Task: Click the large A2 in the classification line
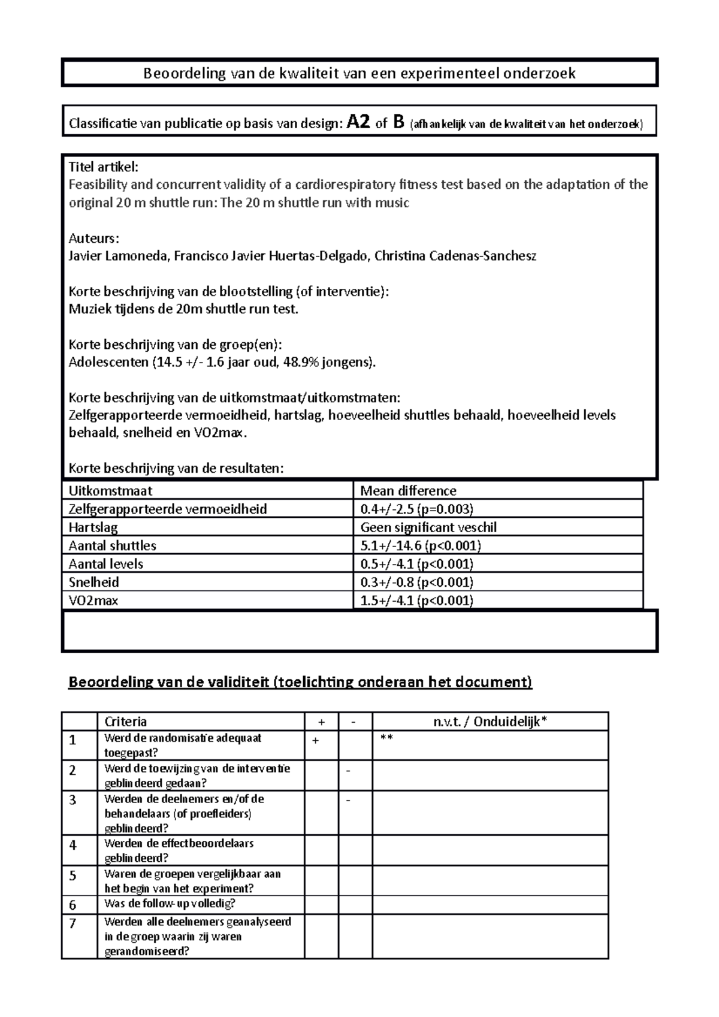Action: tap(358, 123)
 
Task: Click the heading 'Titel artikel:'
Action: tap(103, 167)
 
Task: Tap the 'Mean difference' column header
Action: tap(408, 491)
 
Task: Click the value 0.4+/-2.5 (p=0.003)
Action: tap(416, 509)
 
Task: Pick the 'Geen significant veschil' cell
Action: tap(428, 527)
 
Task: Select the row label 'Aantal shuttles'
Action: tap(112, 546)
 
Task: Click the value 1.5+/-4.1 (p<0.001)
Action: tap(416, 600)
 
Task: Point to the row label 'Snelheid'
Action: tap(93, 583)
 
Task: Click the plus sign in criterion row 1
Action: tap(316, 741)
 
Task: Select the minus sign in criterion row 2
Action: tap(348, 770)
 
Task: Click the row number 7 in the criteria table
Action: tap(72, 924)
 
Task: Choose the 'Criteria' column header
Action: tap(125, 722)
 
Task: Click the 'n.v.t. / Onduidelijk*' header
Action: tap(490, 722)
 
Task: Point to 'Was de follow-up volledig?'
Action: tap(170, 903)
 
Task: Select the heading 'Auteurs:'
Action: tap(94, 238)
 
